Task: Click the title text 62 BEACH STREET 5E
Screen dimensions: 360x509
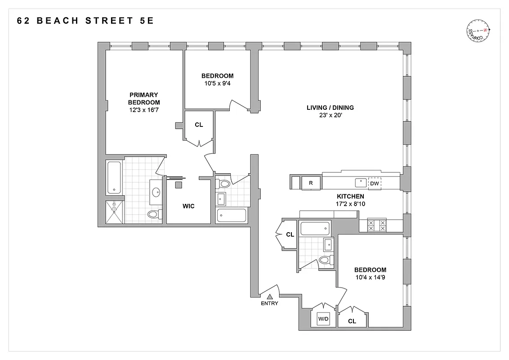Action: pyautogui.click(x=85, y=21)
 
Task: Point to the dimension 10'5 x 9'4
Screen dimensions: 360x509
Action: pyautogui.click(x=217, y=83)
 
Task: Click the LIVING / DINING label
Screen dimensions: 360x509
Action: pyautogui.click(x=330, y=108)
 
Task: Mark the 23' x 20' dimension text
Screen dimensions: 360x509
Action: pyautogui.click(x=330, y=115)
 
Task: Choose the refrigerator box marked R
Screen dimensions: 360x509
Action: pyautogui.click(x=310, y=183)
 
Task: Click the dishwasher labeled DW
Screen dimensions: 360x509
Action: pyautogui.click(x=374, y=183)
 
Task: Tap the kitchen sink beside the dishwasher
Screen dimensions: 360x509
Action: pyautogui.click(x=361, y=182)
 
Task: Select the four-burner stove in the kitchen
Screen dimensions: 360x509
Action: pyautogui.click(x=377, y=225)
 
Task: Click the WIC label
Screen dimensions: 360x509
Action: pyautogui.click(x=188, y=206)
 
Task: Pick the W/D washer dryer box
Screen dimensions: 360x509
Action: pyautogui.click(x=323, y=319)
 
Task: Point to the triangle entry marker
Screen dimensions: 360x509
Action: pyautogui.click(x=270, y=296)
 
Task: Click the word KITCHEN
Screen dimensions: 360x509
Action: pyautogui.click(x=350, y=197)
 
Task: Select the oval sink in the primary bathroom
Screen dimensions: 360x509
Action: pyautogui.click(x=156, y=192)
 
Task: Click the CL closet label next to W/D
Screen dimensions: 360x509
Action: pyautogui.click(x=352, y=321)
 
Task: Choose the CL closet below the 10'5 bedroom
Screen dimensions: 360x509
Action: pyautogui.click(x=199, y=125)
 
